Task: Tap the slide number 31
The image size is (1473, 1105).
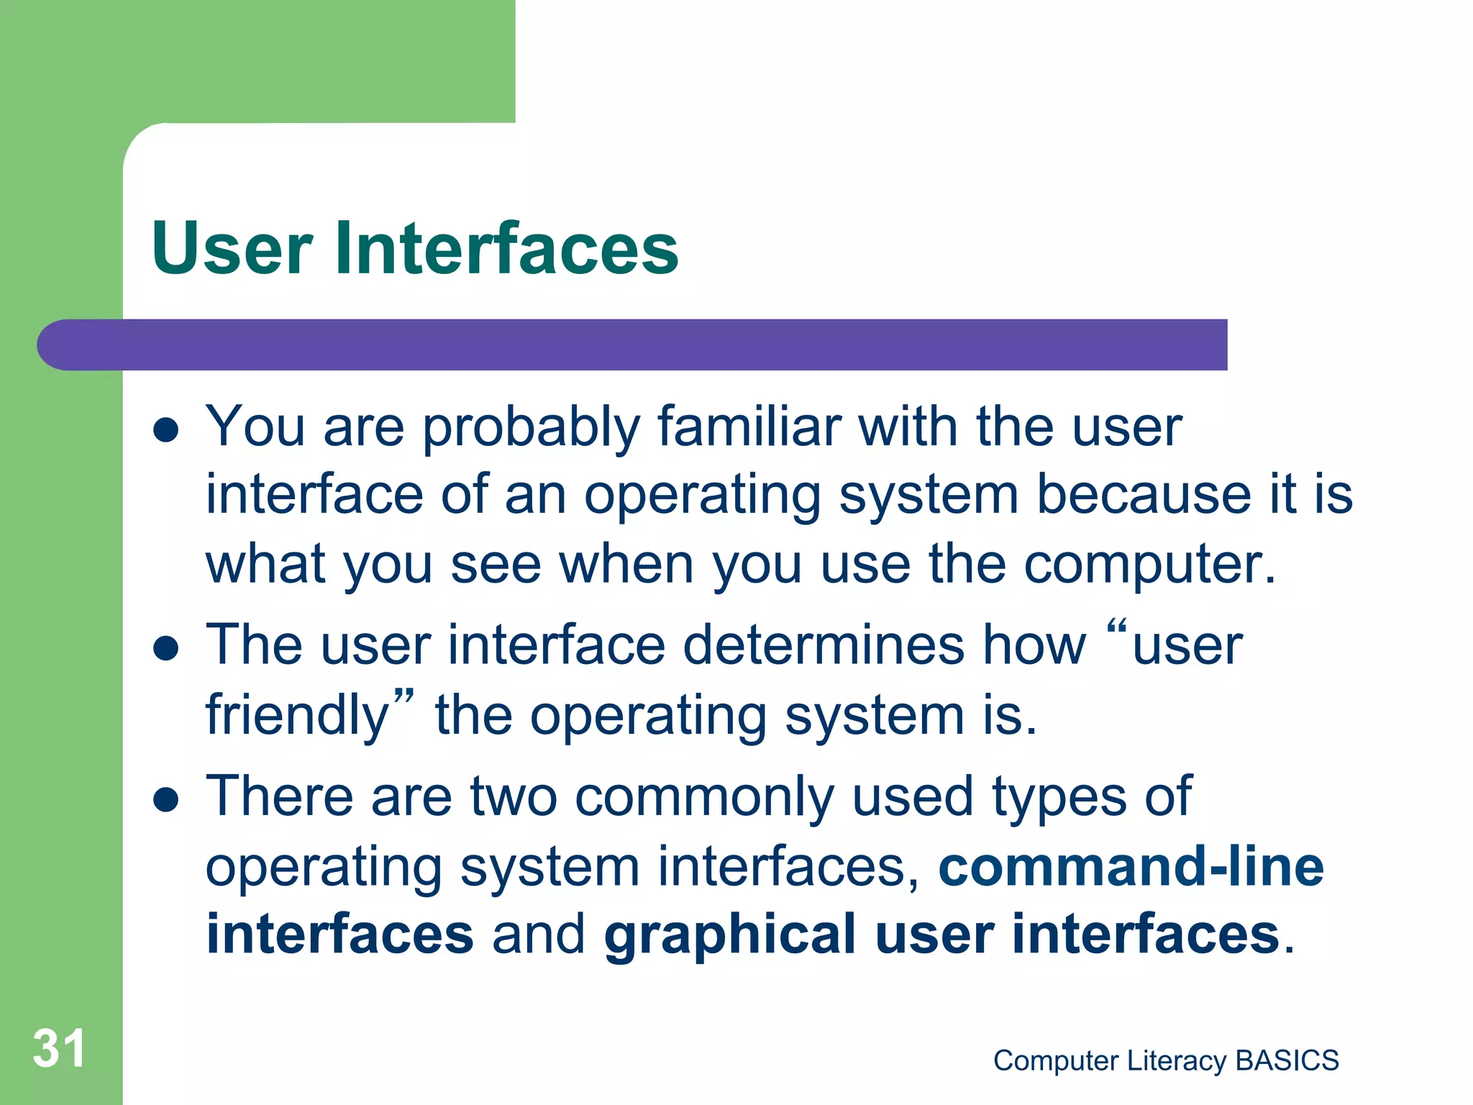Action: tap(59, 1048)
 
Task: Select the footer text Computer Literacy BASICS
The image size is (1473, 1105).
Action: tap(1165, 1060)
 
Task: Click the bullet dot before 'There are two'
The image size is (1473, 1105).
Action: tap(166, 799)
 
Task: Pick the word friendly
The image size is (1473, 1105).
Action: tap(298, 717)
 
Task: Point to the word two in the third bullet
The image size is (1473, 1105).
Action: tap(514, 797)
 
